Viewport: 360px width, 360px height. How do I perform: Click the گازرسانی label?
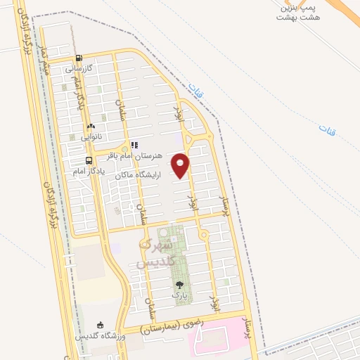coord(79,69)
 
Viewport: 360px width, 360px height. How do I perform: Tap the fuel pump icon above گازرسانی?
coord(79,59)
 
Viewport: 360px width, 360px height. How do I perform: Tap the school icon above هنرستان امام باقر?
coord(134,146)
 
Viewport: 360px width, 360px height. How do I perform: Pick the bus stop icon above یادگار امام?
coord(78,160)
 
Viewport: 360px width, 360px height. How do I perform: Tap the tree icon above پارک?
coord(179,285)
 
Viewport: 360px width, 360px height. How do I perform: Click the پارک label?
coord(180,296)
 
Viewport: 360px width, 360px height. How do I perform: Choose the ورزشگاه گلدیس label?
coord(101,335)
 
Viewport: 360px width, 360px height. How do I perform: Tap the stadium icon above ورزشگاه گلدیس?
coord(101,325)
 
